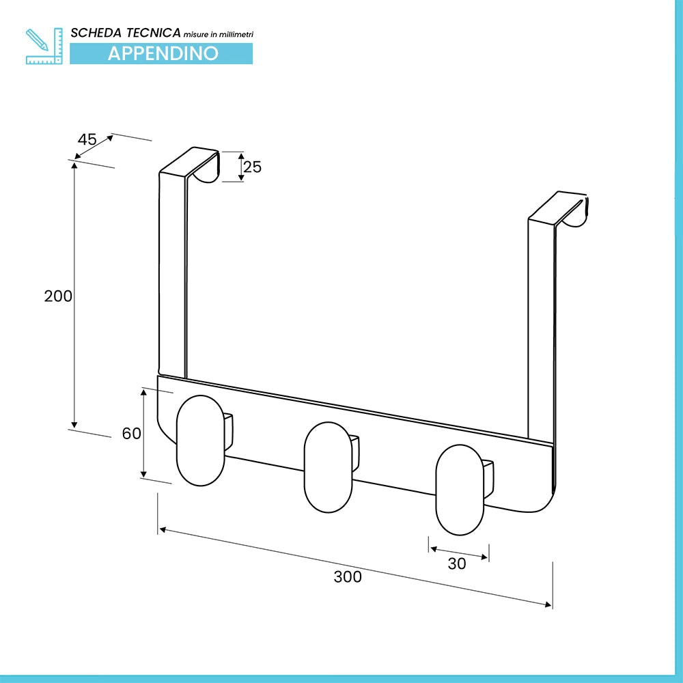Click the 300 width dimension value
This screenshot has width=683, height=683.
(348, 576)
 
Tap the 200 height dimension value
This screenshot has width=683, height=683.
(58, 296)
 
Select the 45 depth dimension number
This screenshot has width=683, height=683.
(87, 139)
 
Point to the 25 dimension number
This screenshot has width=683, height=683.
(252, 167)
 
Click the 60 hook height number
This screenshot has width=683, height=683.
(132, 434)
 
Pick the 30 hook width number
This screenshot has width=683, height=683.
(457, 563)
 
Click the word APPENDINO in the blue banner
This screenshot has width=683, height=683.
(163, 53)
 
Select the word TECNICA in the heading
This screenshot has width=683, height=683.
(153, 33)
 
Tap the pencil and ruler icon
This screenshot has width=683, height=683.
(44, 46)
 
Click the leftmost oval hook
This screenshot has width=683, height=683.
(200, 441)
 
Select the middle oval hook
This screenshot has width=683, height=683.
(328, 467)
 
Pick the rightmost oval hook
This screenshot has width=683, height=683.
(460, 490)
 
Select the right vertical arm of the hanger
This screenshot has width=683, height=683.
(542, 331)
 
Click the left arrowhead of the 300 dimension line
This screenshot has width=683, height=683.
(163, 530)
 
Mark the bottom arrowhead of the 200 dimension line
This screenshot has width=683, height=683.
(74, 425)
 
